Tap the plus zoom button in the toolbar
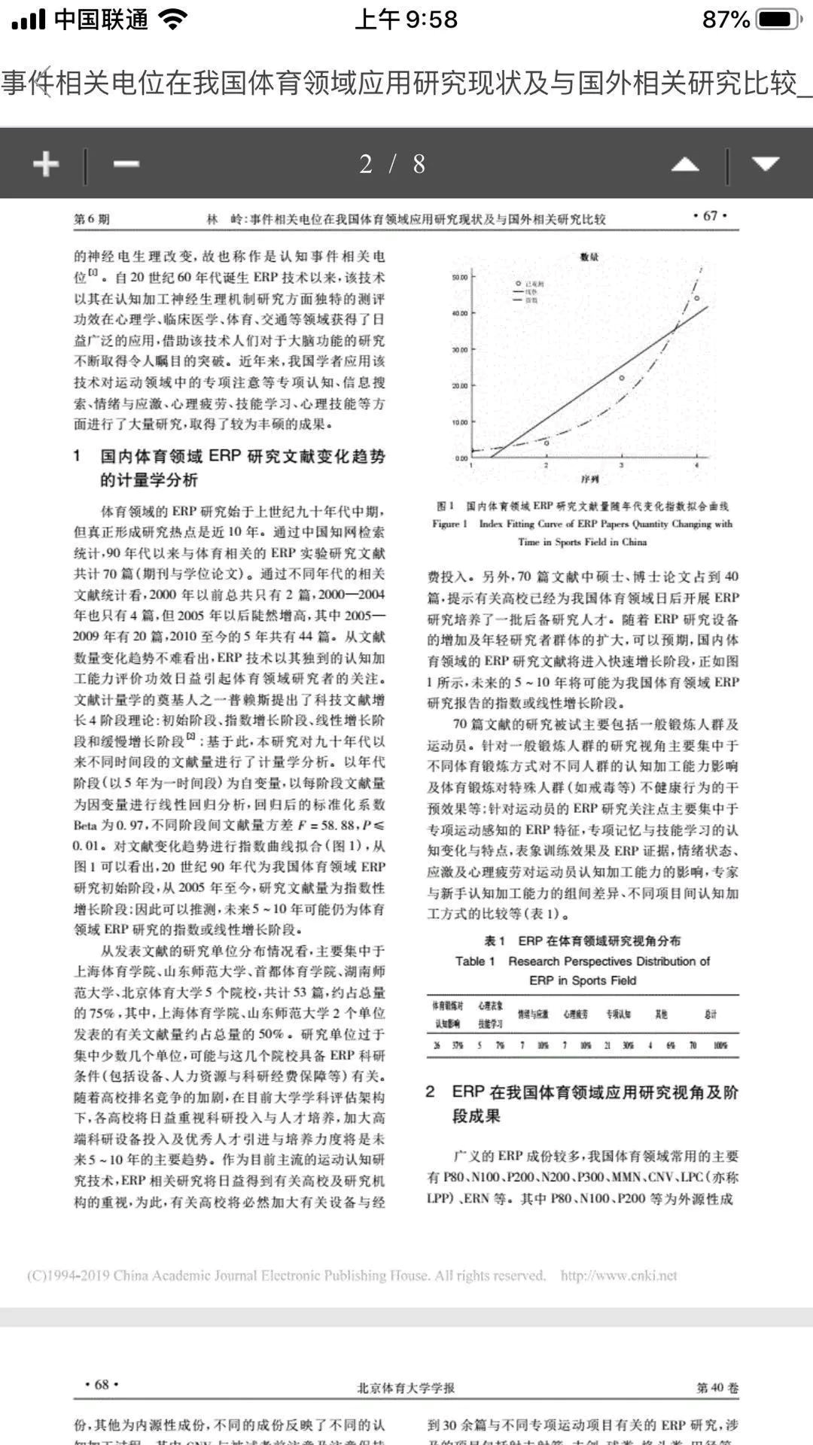click(46, 163)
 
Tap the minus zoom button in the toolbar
click(126, 163)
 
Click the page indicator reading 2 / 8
click(392, 163)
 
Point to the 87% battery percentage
click(726, 20)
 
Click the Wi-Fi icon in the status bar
click(173, 20)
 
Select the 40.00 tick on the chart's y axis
click(458, 313)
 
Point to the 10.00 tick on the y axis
click(458, 422)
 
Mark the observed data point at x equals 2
click(547, 443)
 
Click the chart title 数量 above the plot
click(589, 257)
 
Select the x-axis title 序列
click(589, 479)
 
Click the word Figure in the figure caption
click(449, 524)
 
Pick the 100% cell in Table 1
click(720, 1045)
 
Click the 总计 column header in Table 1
click(710, 1015)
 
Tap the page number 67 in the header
click(709, 216)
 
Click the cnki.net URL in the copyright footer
click(619, 1276)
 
